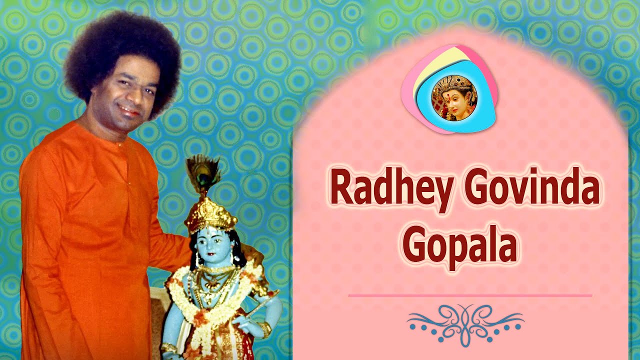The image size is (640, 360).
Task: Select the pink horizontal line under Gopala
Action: [470, 295]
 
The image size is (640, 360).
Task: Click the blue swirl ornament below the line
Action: [465, 322]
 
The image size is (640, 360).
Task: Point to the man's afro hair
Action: [122, 45]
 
